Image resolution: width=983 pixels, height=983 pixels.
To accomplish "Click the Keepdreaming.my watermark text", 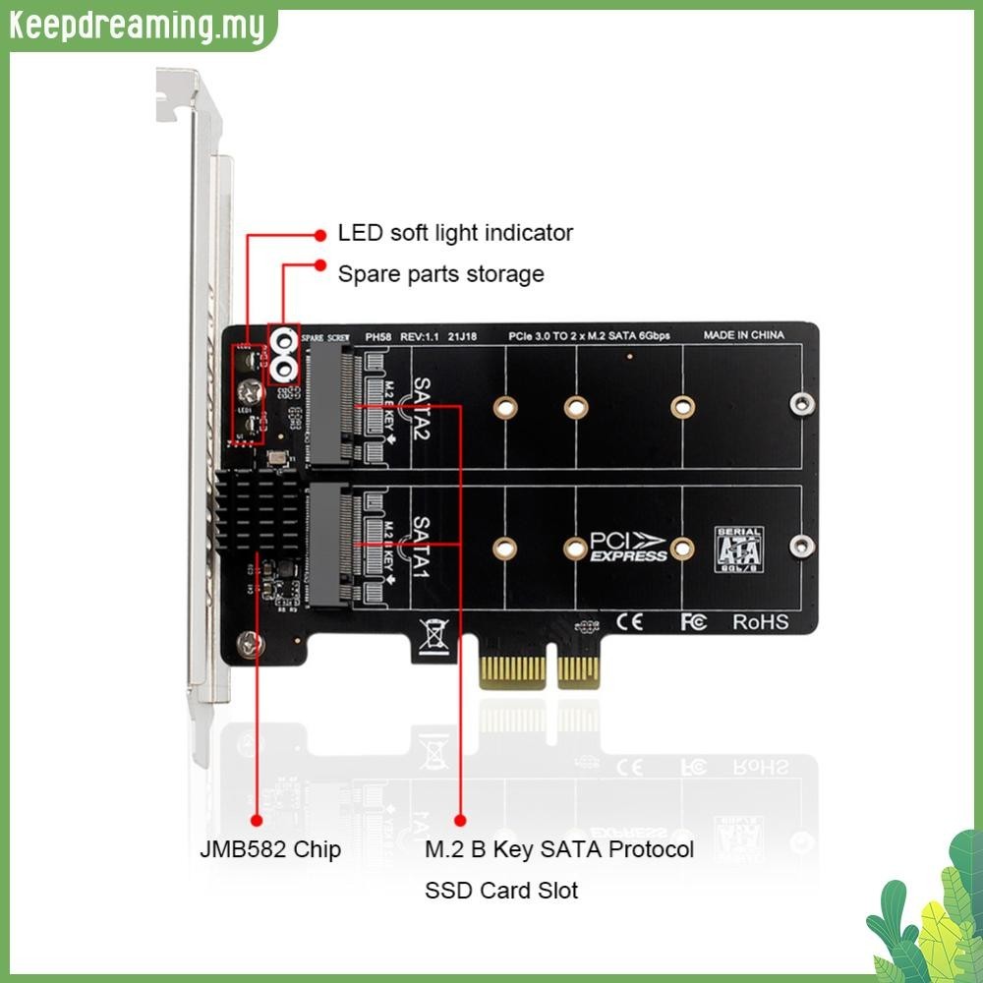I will pos(138,27).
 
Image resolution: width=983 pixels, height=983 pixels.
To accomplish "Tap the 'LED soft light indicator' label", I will pos(455,233).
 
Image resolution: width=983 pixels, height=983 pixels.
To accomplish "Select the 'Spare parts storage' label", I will pos(440,273).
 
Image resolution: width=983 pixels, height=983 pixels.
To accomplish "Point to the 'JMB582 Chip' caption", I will pos(270,848).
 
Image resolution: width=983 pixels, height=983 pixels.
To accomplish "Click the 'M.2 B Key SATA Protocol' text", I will pos(559,848).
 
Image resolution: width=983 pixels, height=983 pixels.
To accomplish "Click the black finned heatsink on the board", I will pos(259,515).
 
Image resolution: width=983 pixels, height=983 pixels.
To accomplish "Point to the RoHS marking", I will pos(760,621).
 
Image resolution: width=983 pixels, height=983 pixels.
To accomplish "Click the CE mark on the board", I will pos(629,621).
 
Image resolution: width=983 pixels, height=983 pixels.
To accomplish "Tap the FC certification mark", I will pos(693,621).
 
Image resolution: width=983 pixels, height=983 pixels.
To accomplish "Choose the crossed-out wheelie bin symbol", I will pos(434,634).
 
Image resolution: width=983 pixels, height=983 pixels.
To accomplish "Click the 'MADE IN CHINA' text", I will pos(743,335).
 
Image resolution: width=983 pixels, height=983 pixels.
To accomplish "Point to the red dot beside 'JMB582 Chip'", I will pos(258,819).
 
